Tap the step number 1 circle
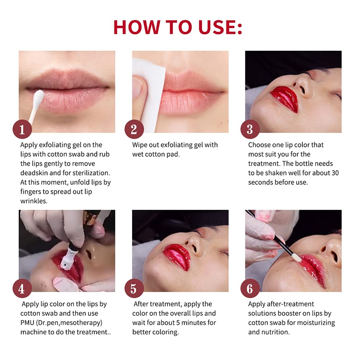(22, 129)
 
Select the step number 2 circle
(134, 129)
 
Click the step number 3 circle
(250, 129)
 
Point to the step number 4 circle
(22, 288)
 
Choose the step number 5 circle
(134, 288)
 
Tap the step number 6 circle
(250, 288)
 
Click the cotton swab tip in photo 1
(39, 95)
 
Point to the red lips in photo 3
(284, 97)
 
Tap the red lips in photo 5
(176, 256)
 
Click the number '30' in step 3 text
(334, 173)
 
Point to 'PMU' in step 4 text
(29, 323)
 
